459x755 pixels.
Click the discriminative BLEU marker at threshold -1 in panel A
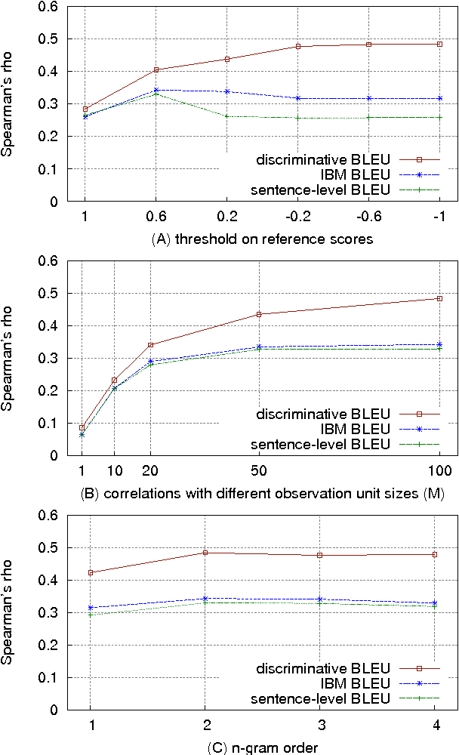[x=439, y=45]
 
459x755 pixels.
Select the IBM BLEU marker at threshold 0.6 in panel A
[x=156, y=91]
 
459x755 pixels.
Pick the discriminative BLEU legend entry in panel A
[x=323, y=159]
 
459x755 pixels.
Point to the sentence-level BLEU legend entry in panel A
[x=320, y=190]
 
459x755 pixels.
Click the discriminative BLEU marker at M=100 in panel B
[x=439, y=299]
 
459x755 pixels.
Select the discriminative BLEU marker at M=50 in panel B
[x=259, y=314]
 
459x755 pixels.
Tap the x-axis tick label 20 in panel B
[x=150, y=472]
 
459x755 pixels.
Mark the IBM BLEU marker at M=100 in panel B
[x=439, y=344]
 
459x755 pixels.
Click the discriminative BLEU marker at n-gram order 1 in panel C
[x=91, y=572]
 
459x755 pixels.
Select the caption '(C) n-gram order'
[x=261, y=747]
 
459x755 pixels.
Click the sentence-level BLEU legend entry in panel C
[x=320, y=698]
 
